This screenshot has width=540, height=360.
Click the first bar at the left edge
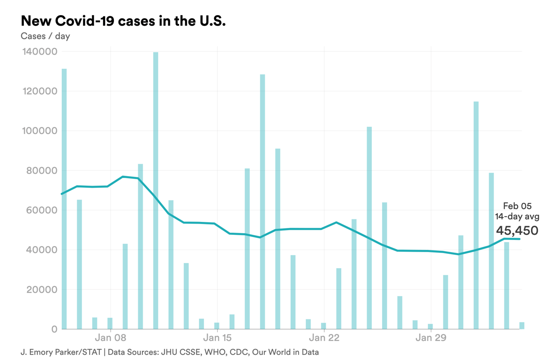point(64,199)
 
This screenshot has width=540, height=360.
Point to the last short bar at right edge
point(522,325)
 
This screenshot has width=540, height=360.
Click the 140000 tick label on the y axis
point(39,52)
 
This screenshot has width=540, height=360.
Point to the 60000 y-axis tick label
point(41,210)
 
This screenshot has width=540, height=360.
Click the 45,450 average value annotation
point(517,231)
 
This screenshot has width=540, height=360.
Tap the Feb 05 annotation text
point(517,207)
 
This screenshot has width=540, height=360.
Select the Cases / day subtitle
point(45,36)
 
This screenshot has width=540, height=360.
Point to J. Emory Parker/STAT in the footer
point(61,352)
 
